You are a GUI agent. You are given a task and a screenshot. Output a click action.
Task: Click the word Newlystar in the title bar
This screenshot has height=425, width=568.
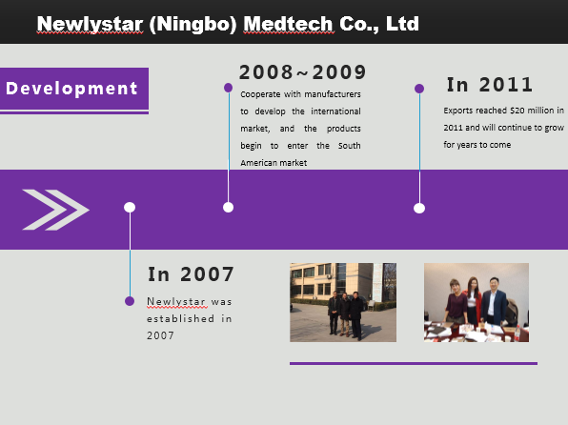click(90, 24)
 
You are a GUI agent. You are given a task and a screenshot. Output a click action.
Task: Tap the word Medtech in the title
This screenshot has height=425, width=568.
click(289, 24)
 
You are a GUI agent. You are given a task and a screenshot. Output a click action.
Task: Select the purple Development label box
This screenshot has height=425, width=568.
click(74, 89)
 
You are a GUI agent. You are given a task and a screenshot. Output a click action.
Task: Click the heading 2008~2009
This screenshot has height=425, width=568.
click(302, 72)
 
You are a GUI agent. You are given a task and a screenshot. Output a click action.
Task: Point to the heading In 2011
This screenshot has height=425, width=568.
click(490, 85)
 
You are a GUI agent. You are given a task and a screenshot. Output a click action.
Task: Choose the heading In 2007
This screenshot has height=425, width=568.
click(191, 274)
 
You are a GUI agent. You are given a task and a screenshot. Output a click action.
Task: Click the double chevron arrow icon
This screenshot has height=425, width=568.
click(56, 210)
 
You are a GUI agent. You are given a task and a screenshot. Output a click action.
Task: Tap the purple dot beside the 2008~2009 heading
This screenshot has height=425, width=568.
click(228, 88)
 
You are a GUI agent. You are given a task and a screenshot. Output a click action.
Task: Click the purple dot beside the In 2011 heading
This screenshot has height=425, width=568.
click(419, 89)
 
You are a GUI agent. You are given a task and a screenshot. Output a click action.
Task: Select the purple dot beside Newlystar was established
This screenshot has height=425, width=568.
click(130, 301)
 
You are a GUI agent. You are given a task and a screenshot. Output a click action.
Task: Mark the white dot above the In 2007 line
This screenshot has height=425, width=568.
click(130, 207)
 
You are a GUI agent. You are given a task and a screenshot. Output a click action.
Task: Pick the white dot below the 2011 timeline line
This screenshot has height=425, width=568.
click(419, 209)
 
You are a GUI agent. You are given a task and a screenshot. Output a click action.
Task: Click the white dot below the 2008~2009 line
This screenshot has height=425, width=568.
click(228, 207)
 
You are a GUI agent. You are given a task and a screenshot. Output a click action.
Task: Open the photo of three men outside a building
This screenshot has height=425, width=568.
click(343, 302)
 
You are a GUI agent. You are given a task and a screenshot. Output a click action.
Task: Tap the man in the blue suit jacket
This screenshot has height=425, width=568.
click(494, 301)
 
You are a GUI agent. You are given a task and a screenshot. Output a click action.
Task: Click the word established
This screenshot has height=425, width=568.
click(180, 318)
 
